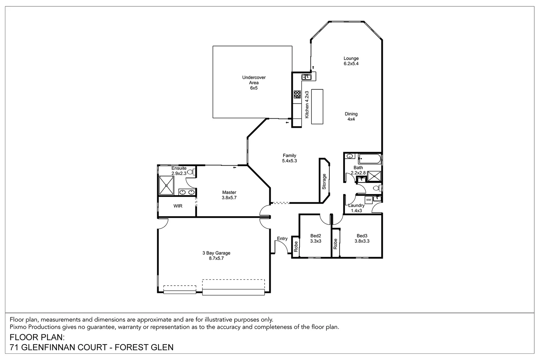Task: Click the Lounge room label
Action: (x=351, y=61)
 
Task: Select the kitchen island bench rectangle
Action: (x=317, y=107)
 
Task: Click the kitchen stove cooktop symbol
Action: (x=297, y=94)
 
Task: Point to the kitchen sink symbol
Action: (x=306, y=77)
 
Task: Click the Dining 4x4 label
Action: (x=351, y=116)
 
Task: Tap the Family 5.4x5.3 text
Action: (x=289, y=158)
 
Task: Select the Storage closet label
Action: (x=324, y=182)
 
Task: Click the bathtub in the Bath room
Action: (x=370, y=158)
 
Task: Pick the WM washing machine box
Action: (x=369, y=200)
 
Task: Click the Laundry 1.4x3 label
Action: (x=356, y=208)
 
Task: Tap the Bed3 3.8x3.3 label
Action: (x=362, y=238)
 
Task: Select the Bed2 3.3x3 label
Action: (x=315, y=238)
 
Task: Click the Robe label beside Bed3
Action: (x=335, y=244)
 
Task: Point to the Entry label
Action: (x=282, y=238)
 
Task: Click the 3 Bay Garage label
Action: (x=216, y=255)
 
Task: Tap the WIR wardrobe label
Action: (x=178, y=206)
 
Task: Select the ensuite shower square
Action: (x=166, y=185)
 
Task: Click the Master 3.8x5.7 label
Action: (x=229, y=195)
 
